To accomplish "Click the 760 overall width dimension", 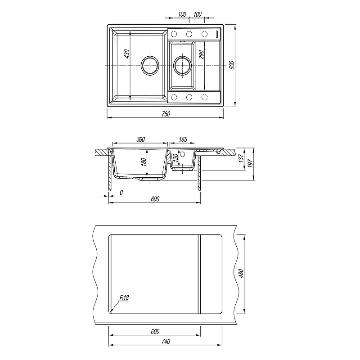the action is tap(166, 114).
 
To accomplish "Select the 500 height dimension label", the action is tap(232, 65).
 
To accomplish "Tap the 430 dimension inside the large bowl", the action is tap(127, 54).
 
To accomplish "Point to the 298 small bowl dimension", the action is tap(201, 54).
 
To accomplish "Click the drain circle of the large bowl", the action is tap(150, 66).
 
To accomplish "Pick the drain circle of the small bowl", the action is tap(182, 66).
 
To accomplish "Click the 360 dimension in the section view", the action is tap(140, 139).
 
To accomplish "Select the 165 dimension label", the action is tap(183, 139).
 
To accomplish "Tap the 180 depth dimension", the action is tap(144, 162).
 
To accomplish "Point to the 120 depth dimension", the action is tap(175, 158).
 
